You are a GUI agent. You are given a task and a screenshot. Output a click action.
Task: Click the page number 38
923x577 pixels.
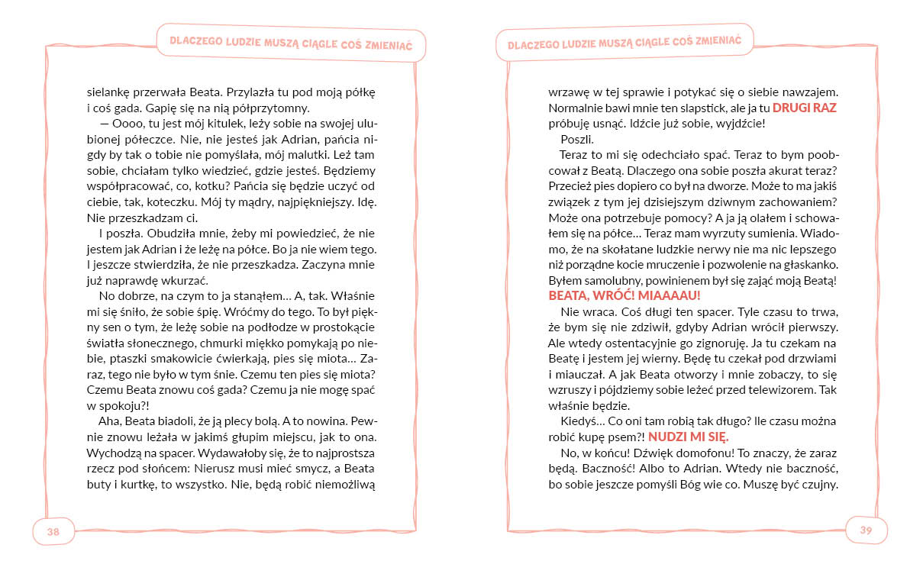pyautogui.click(x=53, y=532)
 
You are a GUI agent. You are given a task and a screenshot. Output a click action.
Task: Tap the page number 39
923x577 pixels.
pyautogui.click(x=866, y=530)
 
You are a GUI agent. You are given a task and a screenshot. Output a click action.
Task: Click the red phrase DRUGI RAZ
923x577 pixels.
pyautogui.click(x=805, y=108)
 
